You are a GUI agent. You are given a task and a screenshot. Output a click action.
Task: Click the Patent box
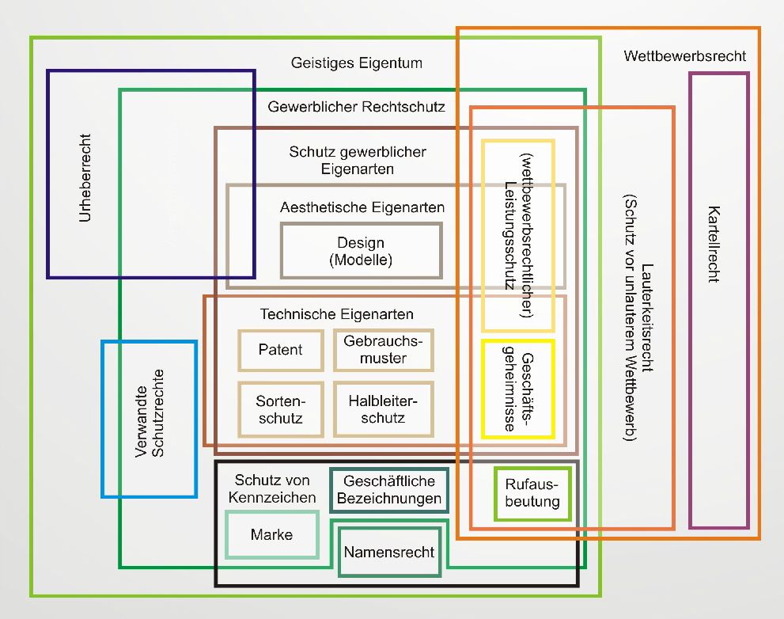[x=281, y=349]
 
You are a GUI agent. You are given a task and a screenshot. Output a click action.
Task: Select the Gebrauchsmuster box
[x=383, y=349]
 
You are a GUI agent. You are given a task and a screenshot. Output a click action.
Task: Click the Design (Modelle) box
[x=361, y=250]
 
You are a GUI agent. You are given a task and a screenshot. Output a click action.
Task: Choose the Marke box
[x=271, y=534]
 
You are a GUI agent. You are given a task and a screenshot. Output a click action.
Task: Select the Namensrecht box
[x=388, y=551]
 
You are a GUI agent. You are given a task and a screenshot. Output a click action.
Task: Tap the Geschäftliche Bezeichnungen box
[x=388, y=490]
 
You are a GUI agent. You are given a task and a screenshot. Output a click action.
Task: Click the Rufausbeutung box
[x=532, y=493]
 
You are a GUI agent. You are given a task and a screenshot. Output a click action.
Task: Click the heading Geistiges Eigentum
[x=356, y=63]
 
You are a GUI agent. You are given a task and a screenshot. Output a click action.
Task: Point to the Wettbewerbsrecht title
[x=684, y=56]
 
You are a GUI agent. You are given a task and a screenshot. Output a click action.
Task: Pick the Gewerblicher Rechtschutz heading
[x=356, y=106]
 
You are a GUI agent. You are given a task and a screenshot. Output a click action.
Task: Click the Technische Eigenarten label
[x=336, y=314]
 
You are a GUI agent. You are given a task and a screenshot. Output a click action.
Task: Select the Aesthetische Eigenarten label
[x=362, y=207]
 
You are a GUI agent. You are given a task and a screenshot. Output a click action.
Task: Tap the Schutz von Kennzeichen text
[x=275, y=489]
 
